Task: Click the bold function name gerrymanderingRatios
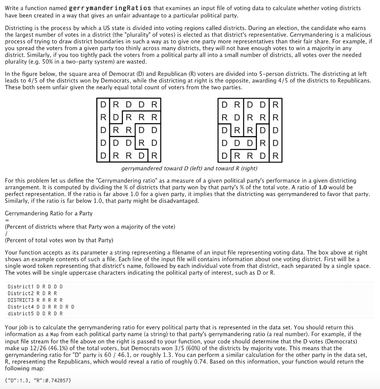110,8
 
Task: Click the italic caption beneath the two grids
189,168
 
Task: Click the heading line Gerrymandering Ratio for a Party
49,213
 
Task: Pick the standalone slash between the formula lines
6,234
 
